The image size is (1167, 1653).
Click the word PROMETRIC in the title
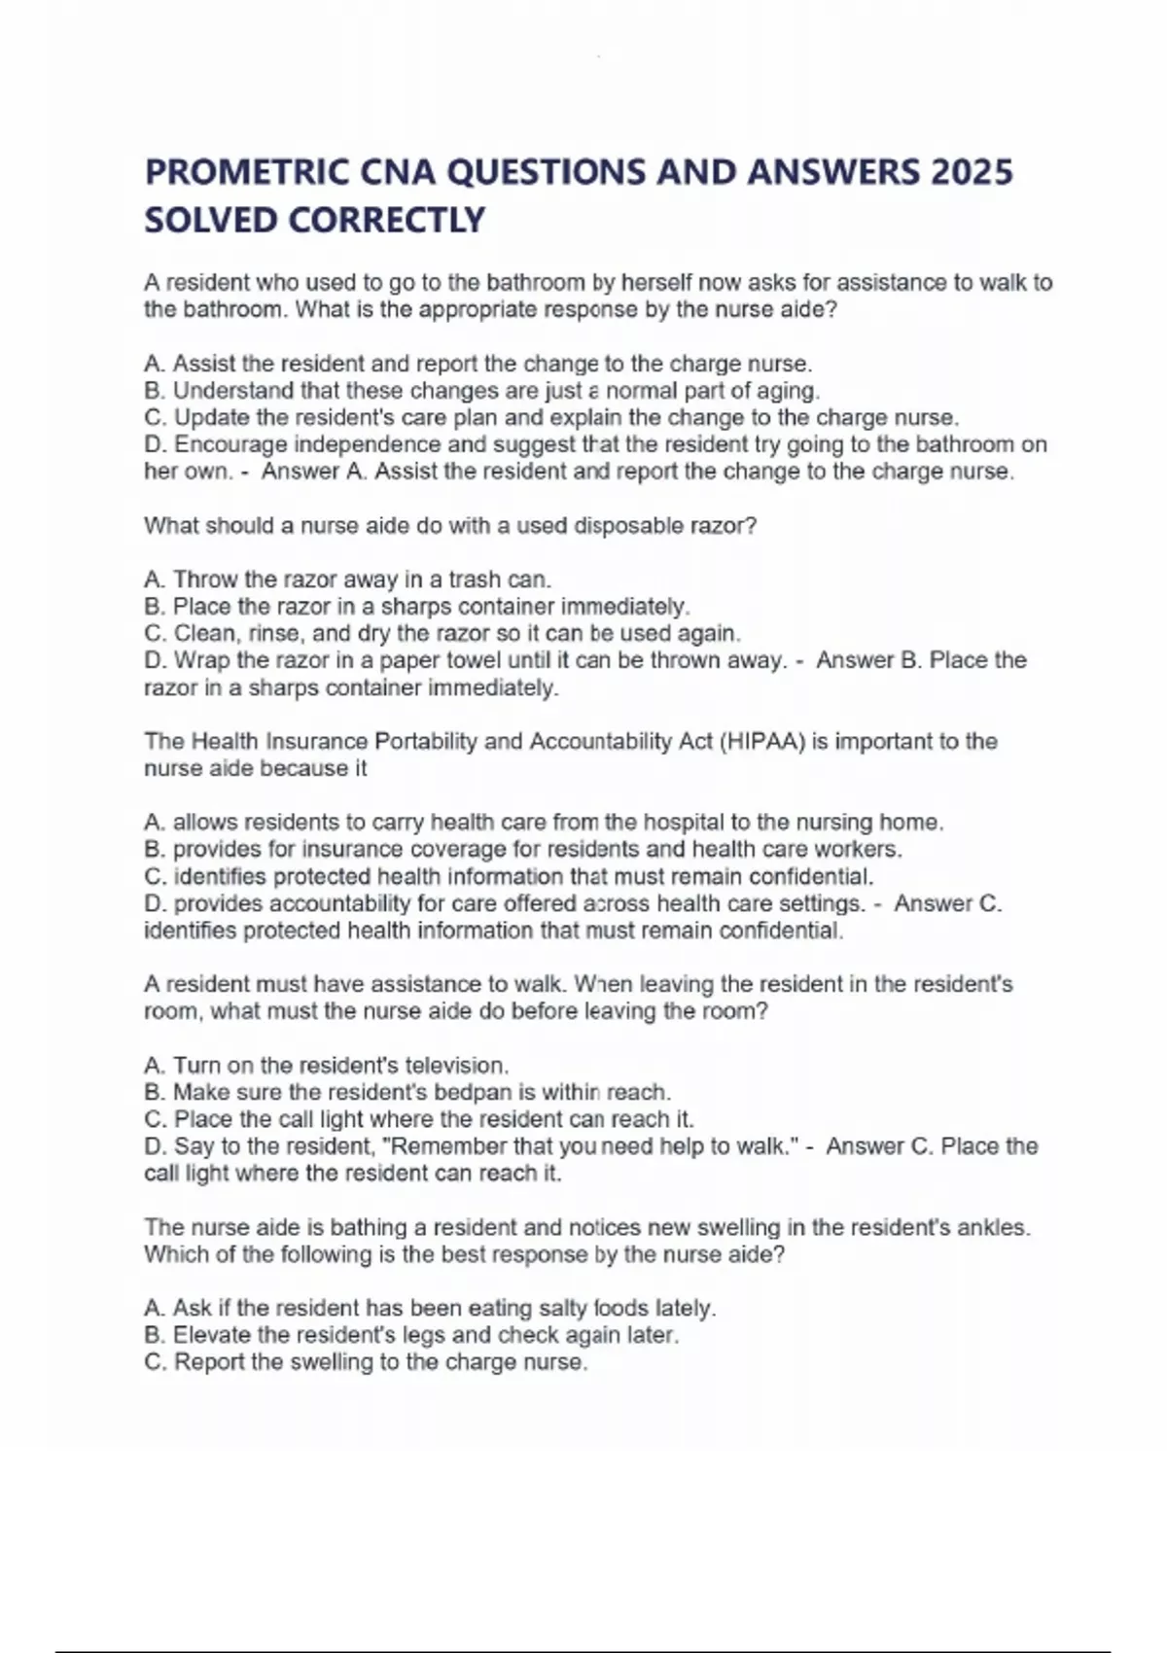click(x=247, y=172)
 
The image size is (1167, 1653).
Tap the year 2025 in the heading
click(x=972, y=172)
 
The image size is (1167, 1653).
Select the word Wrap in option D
click(x=201, y=660)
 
